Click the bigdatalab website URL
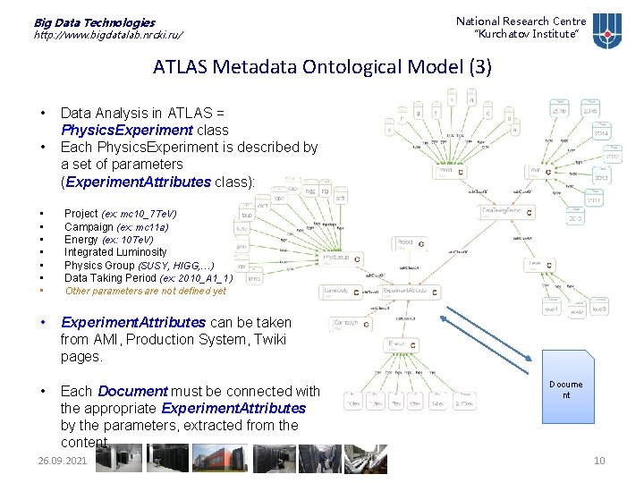pos(108,35)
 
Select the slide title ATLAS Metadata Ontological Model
pos(322,67)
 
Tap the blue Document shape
pos(566,390)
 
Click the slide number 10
pos(599,461)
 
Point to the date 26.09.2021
pos(63,461)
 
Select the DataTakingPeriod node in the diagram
pos(505,210)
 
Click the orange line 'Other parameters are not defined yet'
pos(146,291)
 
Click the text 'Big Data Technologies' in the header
pos(94,21)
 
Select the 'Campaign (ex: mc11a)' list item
pos(116,227)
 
